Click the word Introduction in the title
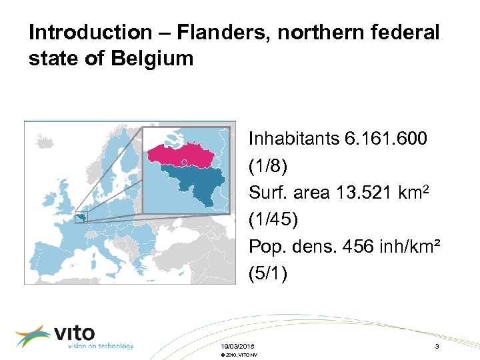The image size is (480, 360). click(x=81, y=32)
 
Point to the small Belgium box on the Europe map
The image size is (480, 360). click(x=81, y=216)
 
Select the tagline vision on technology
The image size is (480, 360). click(x=100, y=346)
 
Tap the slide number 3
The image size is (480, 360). click(x=436, y=346)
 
